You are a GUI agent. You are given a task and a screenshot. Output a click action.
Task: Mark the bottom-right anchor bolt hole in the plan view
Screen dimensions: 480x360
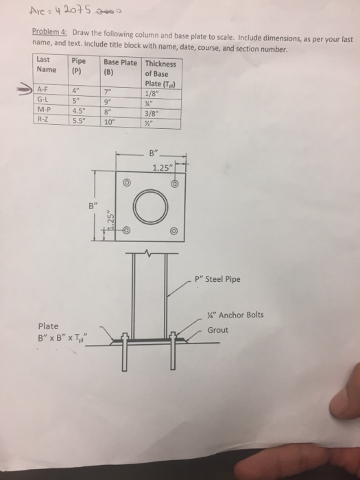coord(176,232)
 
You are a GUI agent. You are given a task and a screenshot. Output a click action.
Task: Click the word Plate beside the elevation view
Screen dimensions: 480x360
coord(49,326)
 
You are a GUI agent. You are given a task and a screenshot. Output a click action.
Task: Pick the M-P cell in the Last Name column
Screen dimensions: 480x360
coord(45,113)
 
